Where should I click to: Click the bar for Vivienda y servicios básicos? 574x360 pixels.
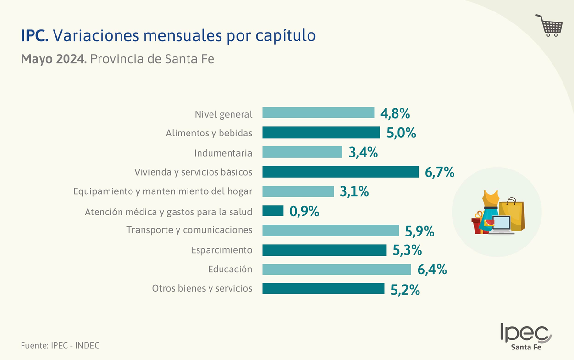[x=341, y=171]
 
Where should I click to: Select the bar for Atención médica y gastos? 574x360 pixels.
[x=273, y=211]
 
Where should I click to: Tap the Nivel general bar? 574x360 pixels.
[x=318, y=112]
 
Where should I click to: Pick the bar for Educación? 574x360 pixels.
[x=337, y=270]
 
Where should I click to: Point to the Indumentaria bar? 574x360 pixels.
[x=302, y=152]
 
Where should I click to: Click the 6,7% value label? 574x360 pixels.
[x=439, y=172]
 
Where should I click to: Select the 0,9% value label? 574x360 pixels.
[x=304, y=211]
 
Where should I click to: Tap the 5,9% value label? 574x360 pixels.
[x=419, y=231]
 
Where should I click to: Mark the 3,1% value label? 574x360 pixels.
[x=354, y=191]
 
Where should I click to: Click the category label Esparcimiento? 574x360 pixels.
[x=221, y=250]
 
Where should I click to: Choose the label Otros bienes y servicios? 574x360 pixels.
[x=202, y=288]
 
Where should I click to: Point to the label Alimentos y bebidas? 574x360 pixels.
[x=209, y=133]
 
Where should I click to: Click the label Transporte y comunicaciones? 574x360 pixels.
[x=189, y=230]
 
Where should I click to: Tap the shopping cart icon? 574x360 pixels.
[x=548, y=26]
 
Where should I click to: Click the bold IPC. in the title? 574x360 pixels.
[x=34, y=35]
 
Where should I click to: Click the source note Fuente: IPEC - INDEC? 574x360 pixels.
[x=60, y=345]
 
